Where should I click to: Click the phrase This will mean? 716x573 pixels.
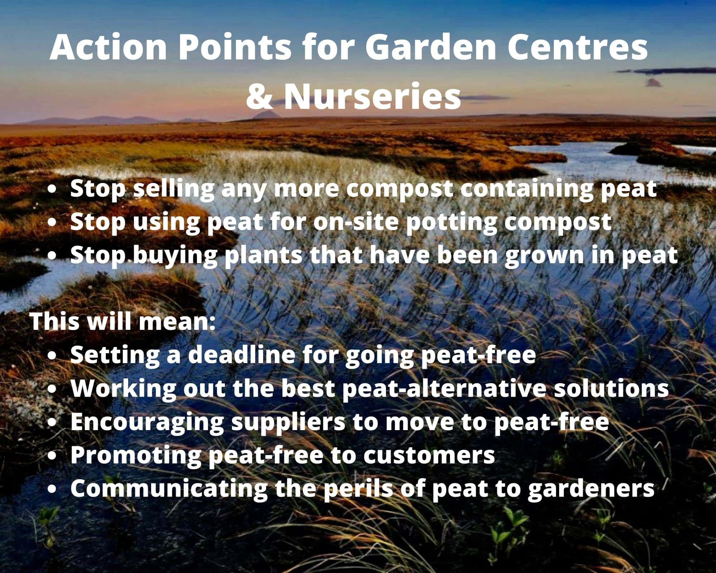pyautogui.click(x=123, y=321)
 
